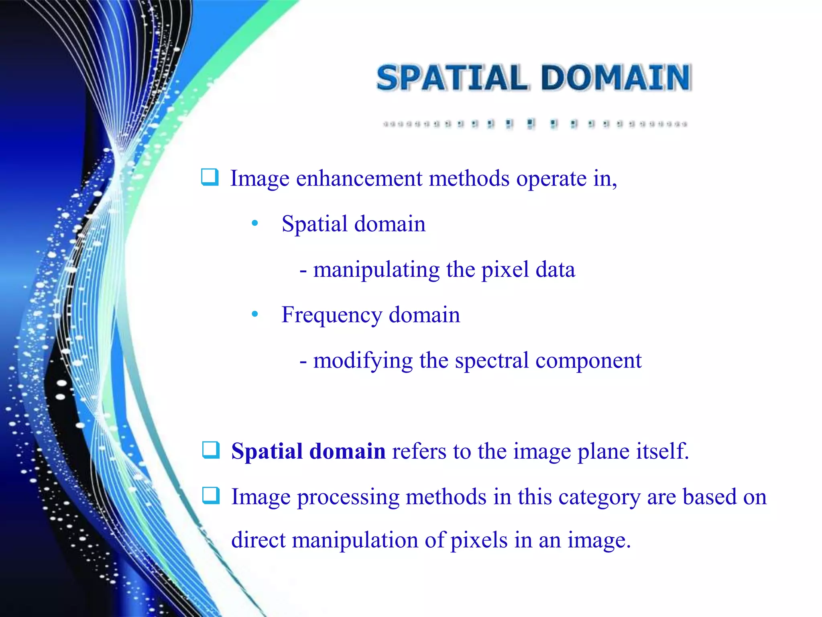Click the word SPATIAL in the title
(452, 78)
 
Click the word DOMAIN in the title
(616, 78)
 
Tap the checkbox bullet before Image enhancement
(210, 177)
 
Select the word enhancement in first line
(359, 179)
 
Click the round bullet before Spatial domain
(254, 223)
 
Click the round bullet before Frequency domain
(254, 314)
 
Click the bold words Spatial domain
(308, 451)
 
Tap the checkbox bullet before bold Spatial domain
(211, 450)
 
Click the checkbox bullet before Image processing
(211, 495)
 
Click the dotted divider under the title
(535, 124)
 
